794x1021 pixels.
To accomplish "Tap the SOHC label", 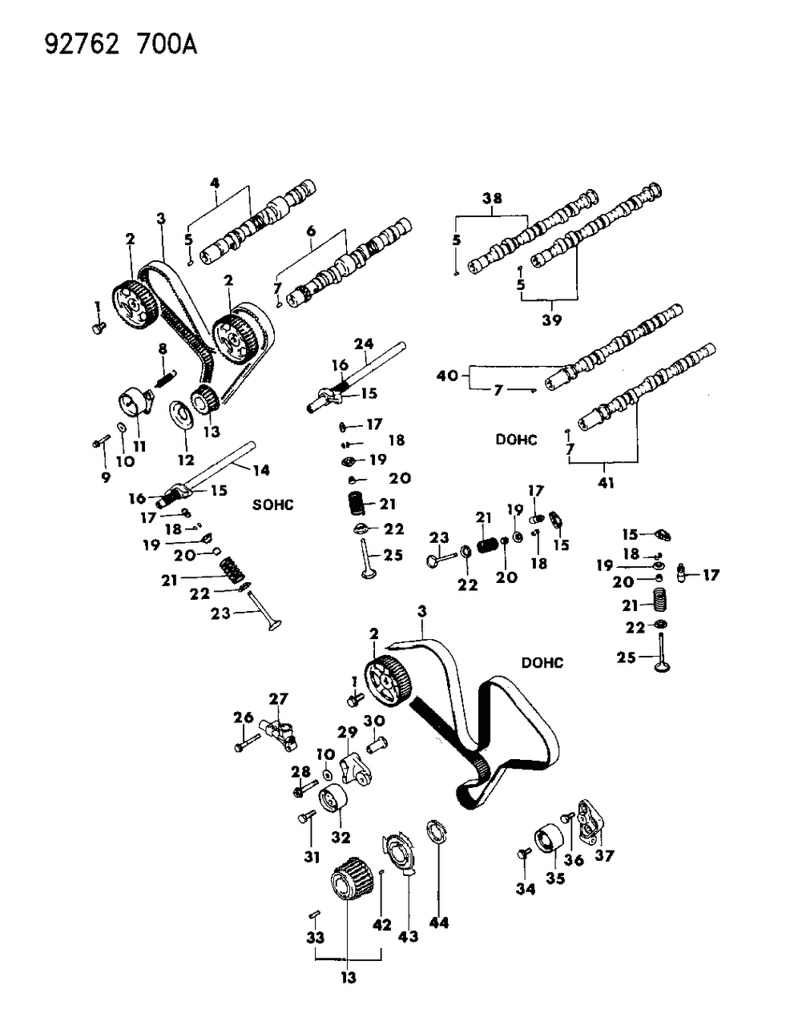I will click(273, 504).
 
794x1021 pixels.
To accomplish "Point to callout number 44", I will click(439, 923).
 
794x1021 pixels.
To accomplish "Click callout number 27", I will click(278, 699).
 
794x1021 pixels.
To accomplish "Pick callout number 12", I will click(186, 460).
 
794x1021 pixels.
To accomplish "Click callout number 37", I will click(604, 856).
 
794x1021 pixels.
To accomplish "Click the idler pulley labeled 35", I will click(549, 838).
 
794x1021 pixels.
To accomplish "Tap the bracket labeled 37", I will click(591, 821).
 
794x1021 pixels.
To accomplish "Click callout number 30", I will click(374, 721).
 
